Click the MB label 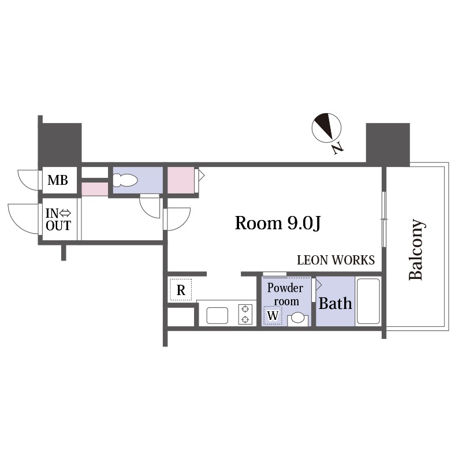pyautogui.click(x=58, y=180)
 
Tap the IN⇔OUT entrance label pyautogui.click(x=58, y=219)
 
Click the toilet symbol pyautogui.click(x=125, y=180)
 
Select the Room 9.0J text pyautogui.click(x=278, y=223)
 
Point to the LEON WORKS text pyautogui.click(x=336, y=260)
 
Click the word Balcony pyautogui.click(x=417, y=249)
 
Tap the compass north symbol pyautogui.click(x=326, y=128)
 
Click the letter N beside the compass pyautogui.click(x=338, y=148)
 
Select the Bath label pyautogui.click(x=336, y=304)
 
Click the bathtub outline pyautogui.click(x=368, y=301)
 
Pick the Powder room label pyautogui.click(x=285, y=295)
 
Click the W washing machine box pyautogui.click(x=273, y=315)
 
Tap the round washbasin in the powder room pyautogui.click(x=297, y=318)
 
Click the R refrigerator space pyautogui.click(x=181, y=290)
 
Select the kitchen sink pyautogui.click(x=217, y=315)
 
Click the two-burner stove pyautogui.click(x=245, y=314)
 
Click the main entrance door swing pyautogui.click(x=24, y=219)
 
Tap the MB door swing pyautogui.click(x=28, y=180)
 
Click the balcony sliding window pyautogui.click(x=384, y=219)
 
